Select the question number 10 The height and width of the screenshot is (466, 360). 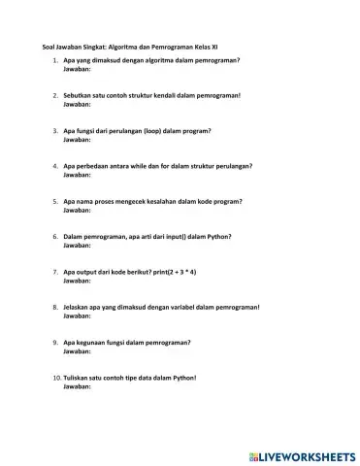[54, 378]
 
